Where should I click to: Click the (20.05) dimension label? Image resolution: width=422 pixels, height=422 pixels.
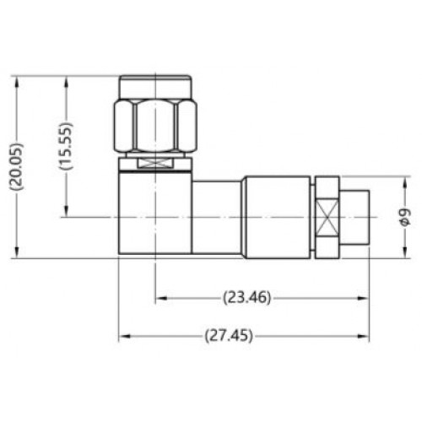[17, 166]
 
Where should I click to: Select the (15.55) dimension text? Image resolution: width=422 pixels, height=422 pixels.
[67, 146]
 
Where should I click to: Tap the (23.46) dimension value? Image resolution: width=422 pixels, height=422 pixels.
[246, 297]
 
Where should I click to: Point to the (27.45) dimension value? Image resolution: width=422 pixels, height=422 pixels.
[229, 336]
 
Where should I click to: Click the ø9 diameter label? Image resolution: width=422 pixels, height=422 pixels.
[405, 217]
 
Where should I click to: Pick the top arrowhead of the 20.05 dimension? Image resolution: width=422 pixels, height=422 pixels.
[17, 82]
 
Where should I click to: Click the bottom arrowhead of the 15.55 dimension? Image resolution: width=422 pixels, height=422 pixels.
[67, 211]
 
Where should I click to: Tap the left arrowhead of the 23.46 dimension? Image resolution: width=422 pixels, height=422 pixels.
[161, 298]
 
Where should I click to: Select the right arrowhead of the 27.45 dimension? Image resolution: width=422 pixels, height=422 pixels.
[363, 336]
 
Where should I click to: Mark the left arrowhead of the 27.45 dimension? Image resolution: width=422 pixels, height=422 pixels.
[125, 336]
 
